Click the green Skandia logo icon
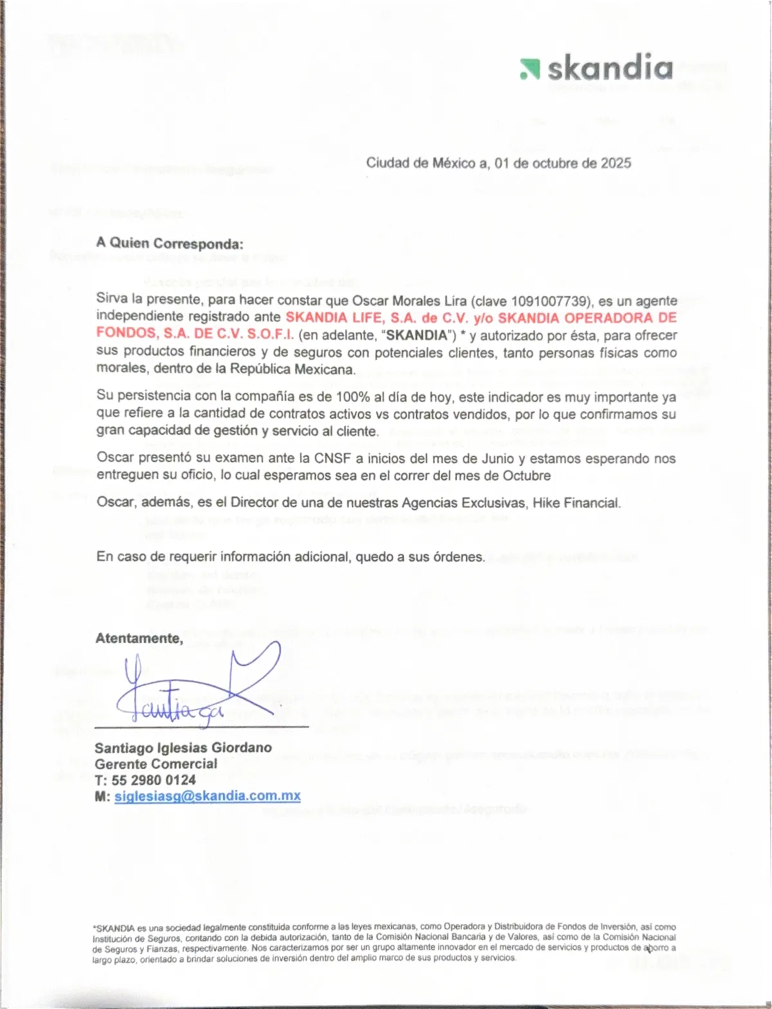[529, 69]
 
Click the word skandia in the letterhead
[609, 68]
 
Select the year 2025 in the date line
[616, 163]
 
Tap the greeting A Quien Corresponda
[170, 244]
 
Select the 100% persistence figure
[351, 397]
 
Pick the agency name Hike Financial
[576, 503]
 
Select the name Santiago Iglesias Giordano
[183, 748]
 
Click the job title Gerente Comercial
[156, 764]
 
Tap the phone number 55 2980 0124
[154, 780]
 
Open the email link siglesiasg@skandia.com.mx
[208, 796]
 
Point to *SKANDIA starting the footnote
[114, 928]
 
